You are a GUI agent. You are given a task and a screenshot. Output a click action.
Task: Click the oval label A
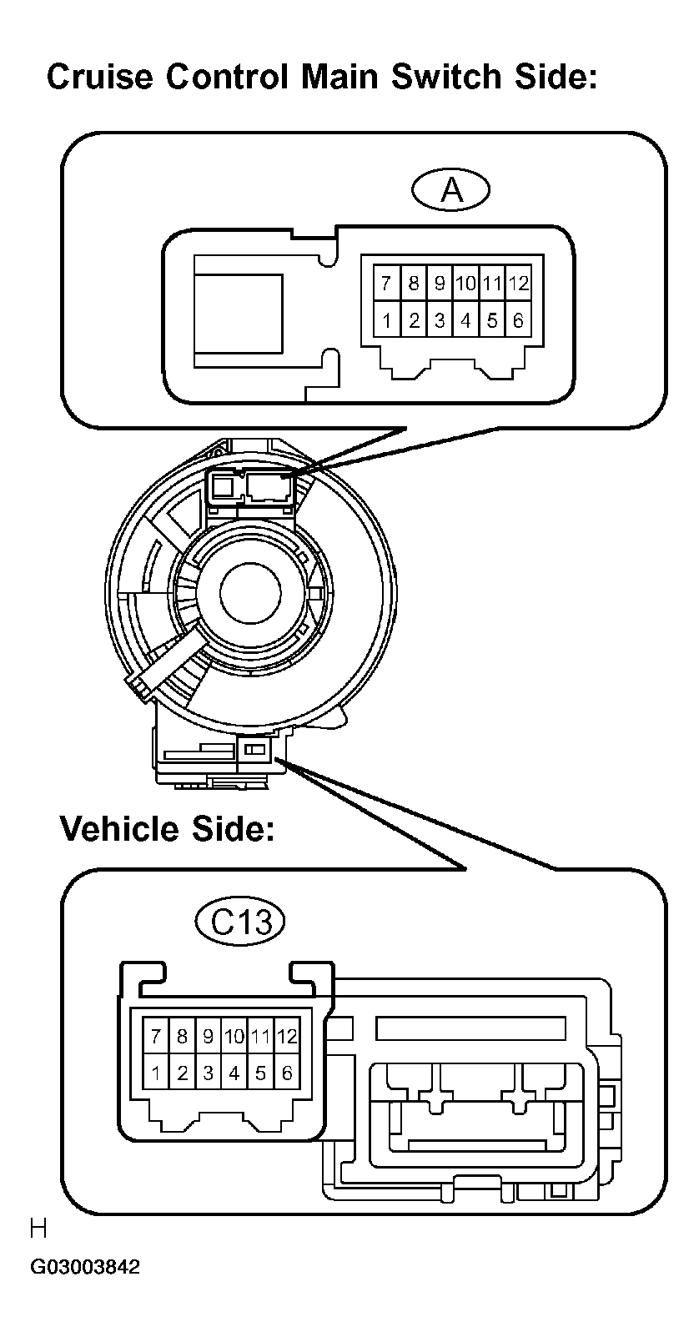pos(451,191)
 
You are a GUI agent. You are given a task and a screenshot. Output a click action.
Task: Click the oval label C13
pos(240,922)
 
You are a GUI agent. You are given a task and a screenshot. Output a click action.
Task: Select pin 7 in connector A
pos(385,284)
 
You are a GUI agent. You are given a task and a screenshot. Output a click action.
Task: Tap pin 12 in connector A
pos(519,284)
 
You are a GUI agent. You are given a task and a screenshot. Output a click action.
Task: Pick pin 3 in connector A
pos(440,320)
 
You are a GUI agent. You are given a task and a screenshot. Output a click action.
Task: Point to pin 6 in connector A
pos(519,320)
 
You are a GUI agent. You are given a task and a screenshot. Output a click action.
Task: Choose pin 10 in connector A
pos(465,284)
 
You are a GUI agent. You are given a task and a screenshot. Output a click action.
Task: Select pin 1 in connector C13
pos(156,1073)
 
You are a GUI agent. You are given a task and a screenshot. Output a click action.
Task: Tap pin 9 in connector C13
pos(209,1037)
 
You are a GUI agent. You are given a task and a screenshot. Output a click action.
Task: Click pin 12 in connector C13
pos(287,1037)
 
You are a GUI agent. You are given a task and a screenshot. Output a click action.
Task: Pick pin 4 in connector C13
pos(234,1073)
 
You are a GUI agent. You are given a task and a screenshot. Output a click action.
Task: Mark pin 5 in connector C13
pos(261,1073)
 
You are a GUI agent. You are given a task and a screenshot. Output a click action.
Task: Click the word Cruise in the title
pos(99,77)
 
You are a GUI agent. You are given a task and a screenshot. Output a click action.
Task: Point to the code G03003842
pos(85,1268)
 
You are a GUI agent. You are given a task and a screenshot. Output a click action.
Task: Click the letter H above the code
pos(38,1229)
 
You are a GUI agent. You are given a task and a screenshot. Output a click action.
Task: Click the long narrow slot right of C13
pos(471,1028)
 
